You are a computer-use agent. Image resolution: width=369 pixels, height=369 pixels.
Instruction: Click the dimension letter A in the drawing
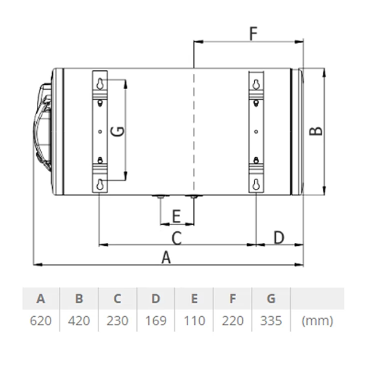(165, 258)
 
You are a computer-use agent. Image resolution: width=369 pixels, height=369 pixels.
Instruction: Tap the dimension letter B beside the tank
(315, 131)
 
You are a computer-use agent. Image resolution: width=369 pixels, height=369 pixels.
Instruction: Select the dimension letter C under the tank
(176, 237)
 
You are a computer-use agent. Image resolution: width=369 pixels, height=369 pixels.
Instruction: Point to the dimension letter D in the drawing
(279, 237)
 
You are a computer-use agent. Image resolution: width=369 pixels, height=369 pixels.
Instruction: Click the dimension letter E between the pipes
(176, 216)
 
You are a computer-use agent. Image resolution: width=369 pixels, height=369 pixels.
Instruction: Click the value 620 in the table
(41, 321)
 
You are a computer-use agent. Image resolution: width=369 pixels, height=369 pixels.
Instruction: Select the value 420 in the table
(79, 321)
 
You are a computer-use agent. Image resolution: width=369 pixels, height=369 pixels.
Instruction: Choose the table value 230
(117, 321)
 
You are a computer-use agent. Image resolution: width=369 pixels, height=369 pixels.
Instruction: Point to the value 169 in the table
(156, 321)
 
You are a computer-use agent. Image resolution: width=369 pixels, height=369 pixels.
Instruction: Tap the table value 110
(194, 321)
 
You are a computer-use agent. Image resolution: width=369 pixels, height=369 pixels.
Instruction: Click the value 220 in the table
(232, 321)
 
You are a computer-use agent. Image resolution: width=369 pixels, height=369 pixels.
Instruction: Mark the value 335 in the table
(271, 321)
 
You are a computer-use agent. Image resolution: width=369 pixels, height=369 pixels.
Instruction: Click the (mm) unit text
(318, 321)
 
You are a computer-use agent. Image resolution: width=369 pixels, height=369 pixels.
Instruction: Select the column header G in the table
(271, 300)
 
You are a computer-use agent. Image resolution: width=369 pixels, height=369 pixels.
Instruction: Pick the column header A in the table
(41, 300)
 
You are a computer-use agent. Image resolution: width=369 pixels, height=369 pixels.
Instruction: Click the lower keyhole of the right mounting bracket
(256, 184)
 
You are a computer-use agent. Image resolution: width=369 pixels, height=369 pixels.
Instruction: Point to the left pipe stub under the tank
(160, 197)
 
